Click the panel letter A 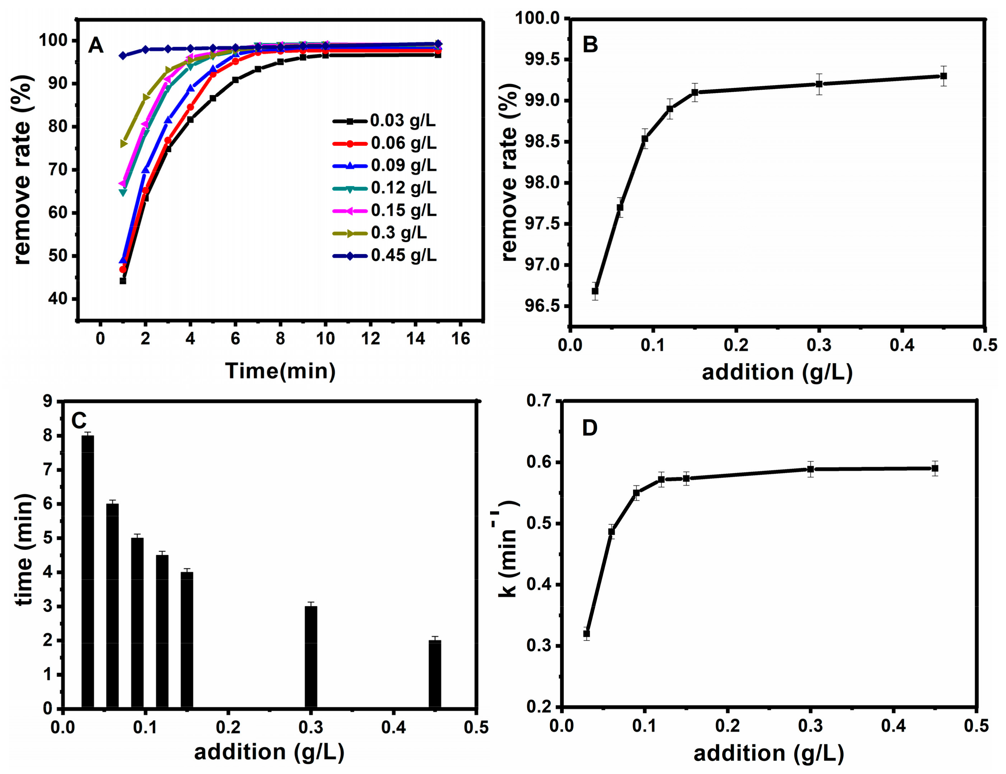[96, 46]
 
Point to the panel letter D [590, 428]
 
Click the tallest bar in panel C [88, 570]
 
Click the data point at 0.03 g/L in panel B [595, 291]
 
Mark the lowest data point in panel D [586, 634]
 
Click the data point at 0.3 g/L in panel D [811, 469]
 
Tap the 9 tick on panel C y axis [47, 402]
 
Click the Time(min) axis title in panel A [280, 371]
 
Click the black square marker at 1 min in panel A [123, 281]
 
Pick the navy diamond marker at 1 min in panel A [123, 56]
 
